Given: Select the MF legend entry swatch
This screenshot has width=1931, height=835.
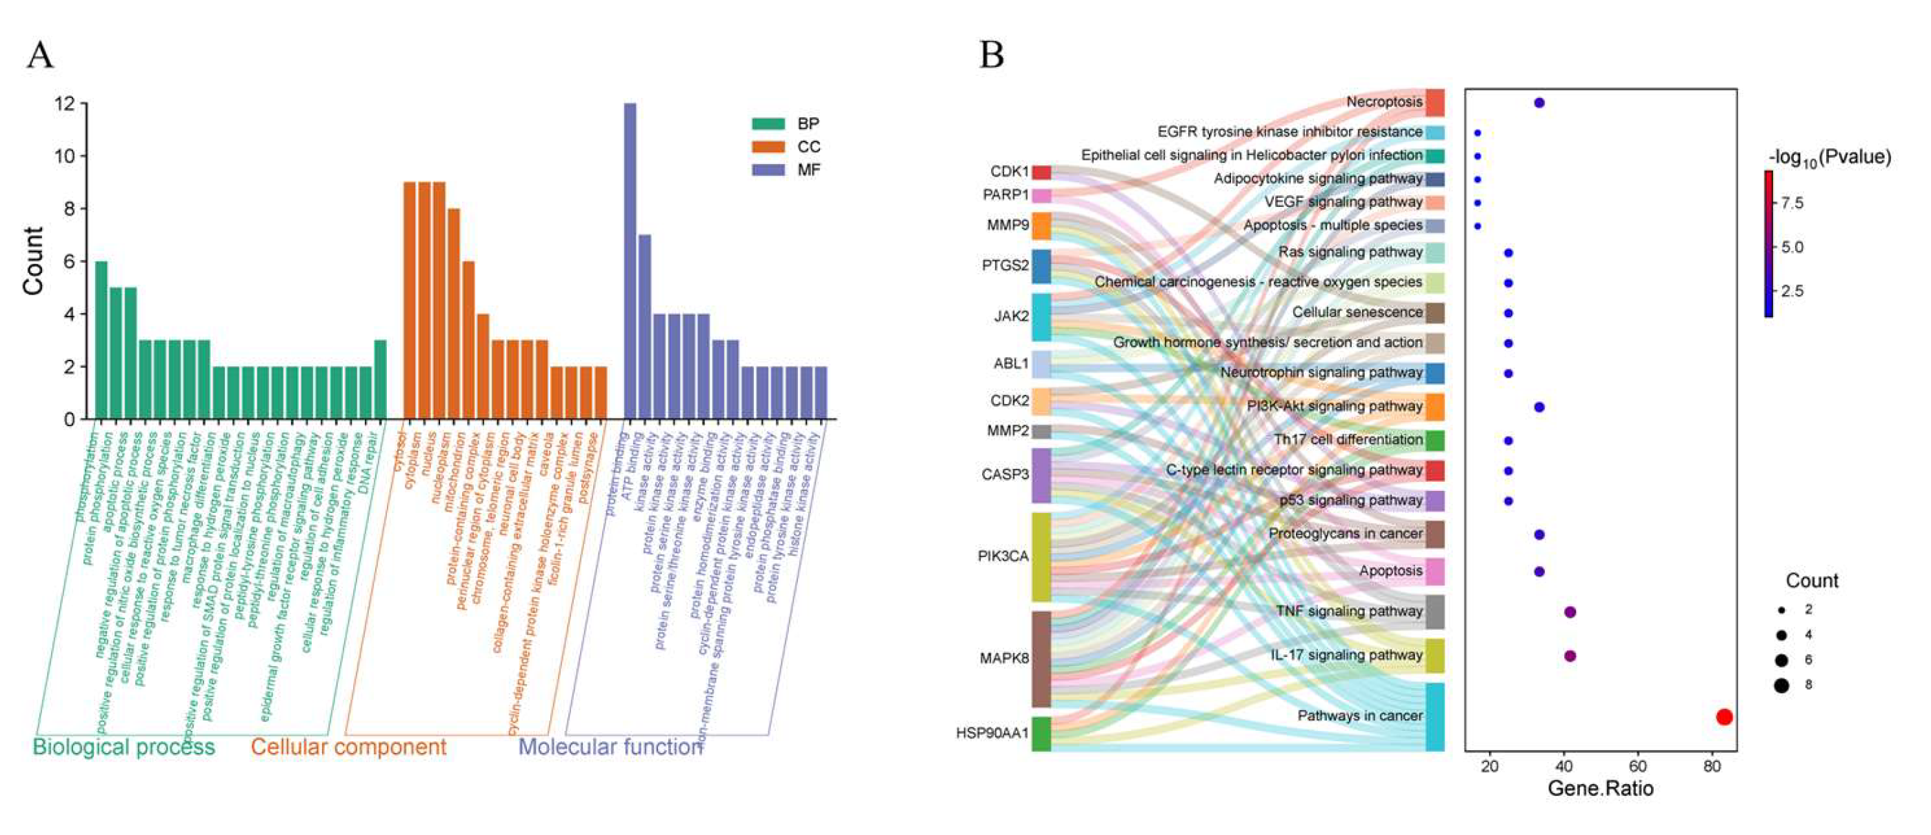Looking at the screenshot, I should (x=768, y=170).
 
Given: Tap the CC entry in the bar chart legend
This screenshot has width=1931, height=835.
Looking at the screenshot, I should (x=808, y=147).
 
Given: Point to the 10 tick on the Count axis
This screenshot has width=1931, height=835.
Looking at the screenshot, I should (x=66, y=156).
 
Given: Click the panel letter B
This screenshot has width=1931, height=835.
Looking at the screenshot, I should (x=991, y=55).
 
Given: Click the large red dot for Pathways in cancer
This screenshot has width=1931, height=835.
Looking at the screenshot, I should (x=1724, y=716).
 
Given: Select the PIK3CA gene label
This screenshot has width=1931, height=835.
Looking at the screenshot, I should (x=1003, y=556).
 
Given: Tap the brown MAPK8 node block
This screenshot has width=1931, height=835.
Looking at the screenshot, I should (x=1041, y=659).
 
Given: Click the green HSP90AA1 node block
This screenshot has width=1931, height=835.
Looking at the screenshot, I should (x=1041, y=733).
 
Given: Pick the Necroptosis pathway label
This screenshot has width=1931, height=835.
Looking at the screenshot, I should (x=1384, y=102).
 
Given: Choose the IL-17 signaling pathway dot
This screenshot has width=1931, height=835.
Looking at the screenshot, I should (x=1570, y=656).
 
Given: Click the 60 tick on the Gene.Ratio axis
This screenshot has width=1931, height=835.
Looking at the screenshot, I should (x=1638, y=766).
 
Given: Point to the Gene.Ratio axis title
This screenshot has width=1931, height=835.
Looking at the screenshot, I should (x=1600, y=789).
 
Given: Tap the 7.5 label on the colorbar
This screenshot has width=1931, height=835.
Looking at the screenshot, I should (x=1792, y=203).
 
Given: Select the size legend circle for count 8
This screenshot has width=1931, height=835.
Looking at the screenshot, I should (x=1781, y=685).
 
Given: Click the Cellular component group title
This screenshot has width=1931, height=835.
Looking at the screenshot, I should (x=348, y=747).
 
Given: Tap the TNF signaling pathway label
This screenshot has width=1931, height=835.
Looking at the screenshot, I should (x=1348, y=612).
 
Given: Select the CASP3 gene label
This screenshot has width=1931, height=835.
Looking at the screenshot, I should (x=1005, y=474).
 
